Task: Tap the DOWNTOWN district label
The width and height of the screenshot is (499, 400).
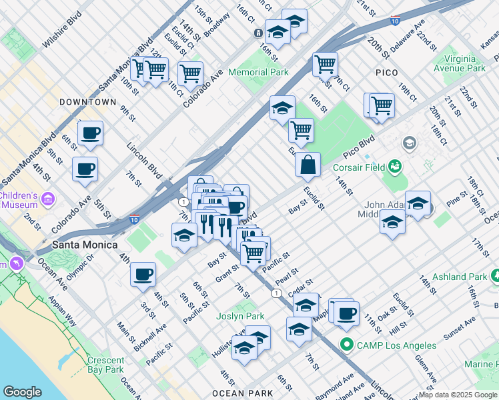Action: pos(87,102)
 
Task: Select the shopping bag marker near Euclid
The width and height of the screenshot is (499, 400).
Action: pos(308,166)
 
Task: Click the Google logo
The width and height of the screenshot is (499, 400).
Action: pos(22,391)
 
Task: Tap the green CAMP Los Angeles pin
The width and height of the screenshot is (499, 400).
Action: pos(346,345)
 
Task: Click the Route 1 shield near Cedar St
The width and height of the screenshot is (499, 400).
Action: pos(276,293)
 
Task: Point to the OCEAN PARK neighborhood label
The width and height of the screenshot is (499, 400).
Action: pos(243,393)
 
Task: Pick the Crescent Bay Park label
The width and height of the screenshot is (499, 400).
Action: pos(105,365)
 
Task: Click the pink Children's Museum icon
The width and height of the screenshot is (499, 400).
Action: pos(47,199)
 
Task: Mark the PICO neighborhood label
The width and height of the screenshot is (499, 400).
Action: pos(387,73)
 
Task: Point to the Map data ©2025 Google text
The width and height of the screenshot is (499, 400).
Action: pos(458,395)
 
